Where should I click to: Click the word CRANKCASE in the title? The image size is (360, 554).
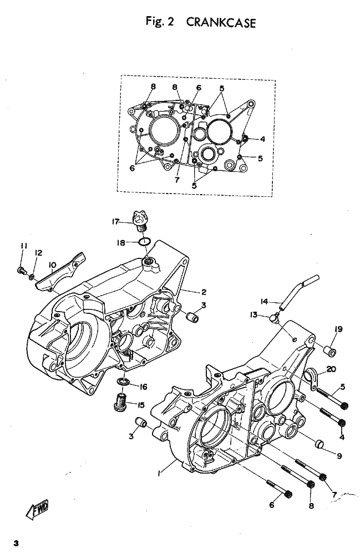click(x=220, y=23)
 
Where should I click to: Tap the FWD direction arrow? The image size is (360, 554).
click(x=37, y=510)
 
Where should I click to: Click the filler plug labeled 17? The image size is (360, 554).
click(x=140, y=221)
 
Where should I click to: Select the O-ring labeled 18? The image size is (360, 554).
click(x=144, y=242)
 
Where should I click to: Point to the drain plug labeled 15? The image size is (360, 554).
click(x=121, y=402)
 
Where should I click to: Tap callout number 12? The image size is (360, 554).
click(x=38, y=253)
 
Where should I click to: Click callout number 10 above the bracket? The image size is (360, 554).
click(x=52, y=265)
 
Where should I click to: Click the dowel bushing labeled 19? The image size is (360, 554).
click(x=330, y=351)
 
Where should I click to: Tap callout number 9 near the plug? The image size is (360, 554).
click(x=339, y=456)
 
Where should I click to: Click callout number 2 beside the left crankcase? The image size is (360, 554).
click(x=204, y=292)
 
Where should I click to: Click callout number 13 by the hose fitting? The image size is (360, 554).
click(x=253, y=314)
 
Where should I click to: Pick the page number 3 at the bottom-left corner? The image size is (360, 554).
click(x=16, y=543)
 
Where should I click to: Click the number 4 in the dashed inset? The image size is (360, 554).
click(x=262, y=139)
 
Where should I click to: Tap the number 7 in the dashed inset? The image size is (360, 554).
click(x=177, y=180)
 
